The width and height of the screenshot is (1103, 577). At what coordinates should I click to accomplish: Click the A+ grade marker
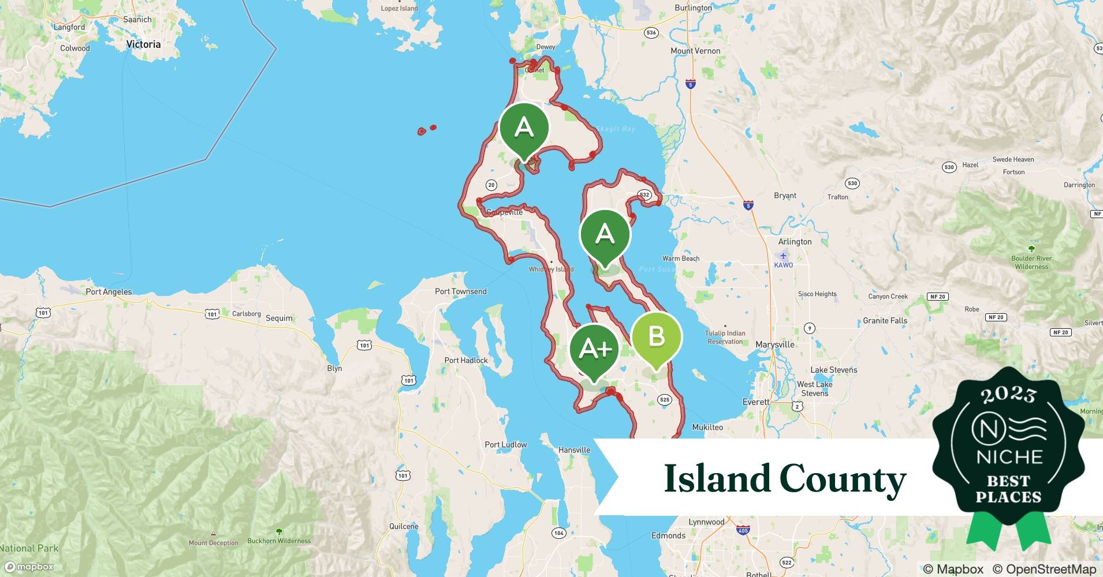(594, 349)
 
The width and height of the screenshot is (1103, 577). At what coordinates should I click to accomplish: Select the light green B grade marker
(657, 336)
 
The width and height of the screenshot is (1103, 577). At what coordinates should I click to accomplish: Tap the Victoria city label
(143, 44)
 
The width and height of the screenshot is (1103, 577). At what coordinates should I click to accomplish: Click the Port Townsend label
(460, 291)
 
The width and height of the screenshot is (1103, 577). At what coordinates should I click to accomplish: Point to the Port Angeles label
(109, 292)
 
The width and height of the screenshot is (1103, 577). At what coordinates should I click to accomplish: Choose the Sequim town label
(279, 318)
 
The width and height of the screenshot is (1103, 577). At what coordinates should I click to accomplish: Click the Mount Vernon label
(695, 51)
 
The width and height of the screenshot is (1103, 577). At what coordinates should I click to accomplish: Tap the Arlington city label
(795, 242)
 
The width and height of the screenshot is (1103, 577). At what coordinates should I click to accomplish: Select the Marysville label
(775, 344)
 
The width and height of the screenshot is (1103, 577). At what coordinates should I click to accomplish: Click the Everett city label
(756, 402)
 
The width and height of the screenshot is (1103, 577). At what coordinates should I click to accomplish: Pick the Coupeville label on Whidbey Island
(504, 212)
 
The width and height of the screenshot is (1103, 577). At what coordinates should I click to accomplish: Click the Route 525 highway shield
(664, 399)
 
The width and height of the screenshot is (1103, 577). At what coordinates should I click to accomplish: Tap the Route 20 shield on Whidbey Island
(491, 185)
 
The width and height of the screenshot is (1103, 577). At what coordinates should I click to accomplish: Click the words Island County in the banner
(785, 479)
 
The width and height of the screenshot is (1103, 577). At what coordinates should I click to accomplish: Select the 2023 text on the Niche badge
(1008, 395)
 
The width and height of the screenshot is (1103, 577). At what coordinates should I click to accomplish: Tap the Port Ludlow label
(505, 445)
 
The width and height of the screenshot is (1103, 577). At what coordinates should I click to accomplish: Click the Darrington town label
(1079, 185)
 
